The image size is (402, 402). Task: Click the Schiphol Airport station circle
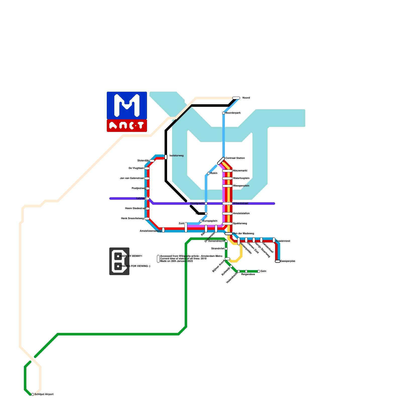[x=33, y=394]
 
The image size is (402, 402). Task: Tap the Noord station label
[x=246, y=98]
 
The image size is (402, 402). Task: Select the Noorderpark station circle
[x=224, y=113]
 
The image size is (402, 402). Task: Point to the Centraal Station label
[x=235, y=158]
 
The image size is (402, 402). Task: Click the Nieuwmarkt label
[x=240, y=171]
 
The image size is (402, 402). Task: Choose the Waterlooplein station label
[x=241, y=178]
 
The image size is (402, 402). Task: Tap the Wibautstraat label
[x=240, y=204]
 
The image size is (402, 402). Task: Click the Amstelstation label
[x=241, y=214]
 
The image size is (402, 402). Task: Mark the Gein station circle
[x=259, y=271]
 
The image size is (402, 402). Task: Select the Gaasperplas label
[x=288, y=261]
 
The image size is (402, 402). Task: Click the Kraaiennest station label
[x=283, y=241]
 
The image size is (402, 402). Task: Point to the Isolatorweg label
[x=176, y=156]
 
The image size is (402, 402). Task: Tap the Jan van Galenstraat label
[x=132, y=178]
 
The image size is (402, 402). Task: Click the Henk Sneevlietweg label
[x=132, y=219]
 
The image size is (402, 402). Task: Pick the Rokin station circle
[x=209, y=173]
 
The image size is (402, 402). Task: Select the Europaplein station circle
[x=201, y=221]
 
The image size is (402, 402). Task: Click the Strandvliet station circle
[x=226, y=249]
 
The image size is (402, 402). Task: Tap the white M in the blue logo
[x=127, y=106]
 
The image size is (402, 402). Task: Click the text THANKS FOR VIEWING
[x=135, y=266]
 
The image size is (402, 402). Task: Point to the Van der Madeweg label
[x=243, y=234]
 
